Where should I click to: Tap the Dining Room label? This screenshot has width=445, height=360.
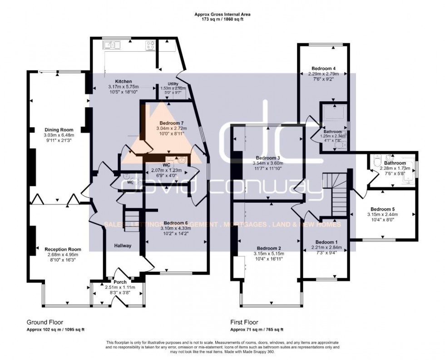[x=59, y=130]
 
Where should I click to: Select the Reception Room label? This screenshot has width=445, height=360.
[x=63, y=249]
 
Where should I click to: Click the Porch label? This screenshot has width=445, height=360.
[x=120, y=282]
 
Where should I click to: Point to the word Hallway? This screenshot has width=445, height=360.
[x=123, y=245]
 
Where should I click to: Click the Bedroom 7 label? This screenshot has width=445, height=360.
[x=172, y=123]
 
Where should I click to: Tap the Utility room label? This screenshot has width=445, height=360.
[x=173, y=84]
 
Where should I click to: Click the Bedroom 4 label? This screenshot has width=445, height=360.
[x=324, y=68]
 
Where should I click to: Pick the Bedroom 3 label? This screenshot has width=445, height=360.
[x=267, y=158]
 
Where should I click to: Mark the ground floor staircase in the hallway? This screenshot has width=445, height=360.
[x=131, y=220]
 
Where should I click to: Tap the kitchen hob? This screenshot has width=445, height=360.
[x=150, y=45]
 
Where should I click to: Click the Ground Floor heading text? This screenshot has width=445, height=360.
[x=45, y=322]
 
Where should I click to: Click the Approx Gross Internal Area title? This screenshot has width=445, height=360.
[x=222, y=15]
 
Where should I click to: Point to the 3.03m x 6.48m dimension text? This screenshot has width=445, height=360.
[x=59, y=135]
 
